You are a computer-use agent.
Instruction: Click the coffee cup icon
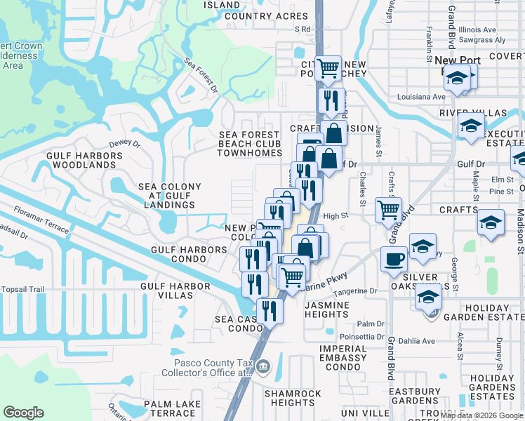pyautogui.click(x=394, y=259)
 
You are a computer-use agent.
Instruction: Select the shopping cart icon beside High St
pyautogui.click(x=387, y=209)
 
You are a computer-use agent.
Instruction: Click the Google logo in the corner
pyautogui.click(x=23, y=413)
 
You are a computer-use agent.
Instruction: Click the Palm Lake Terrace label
pyautogui.click(x=179, y=409)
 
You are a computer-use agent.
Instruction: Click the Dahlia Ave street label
pyautogui.click(x=416, y=342)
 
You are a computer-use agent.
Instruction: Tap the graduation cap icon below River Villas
pyautogui.click(x=470, y=126)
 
